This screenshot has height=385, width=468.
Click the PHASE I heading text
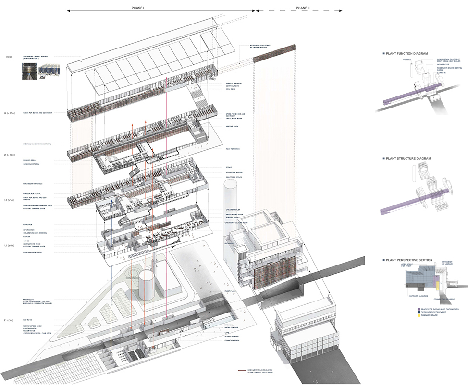pyautogui.click(x=138, y=8)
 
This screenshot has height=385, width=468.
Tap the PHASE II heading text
pyautogui.click(x=303, y=8)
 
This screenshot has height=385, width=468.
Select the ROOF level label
pyautogui.click(x=9, y=57)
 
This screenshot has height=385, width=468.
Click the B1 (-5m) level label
pyautogui.click(x=10, y=320)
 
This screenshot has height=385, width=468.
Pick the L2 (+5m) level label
pyautogui.click(x=10, y=199)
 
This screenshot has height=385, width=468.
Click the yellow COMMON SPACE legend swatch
pyautogui.click(x=419, y=315)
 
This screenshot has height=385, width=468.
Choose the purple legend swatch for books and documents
pyautogui.click(x=419, y=309)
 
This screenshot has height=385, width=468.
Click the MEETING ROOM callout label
pyautogui.click(x=233, y=127)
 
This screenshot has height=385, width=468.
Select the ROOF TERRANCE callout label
pyautogui.click(x=233, y=149)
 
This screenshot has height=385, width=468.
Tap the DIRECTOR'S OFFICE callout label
pyautogui.click(x=234, y=177)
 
